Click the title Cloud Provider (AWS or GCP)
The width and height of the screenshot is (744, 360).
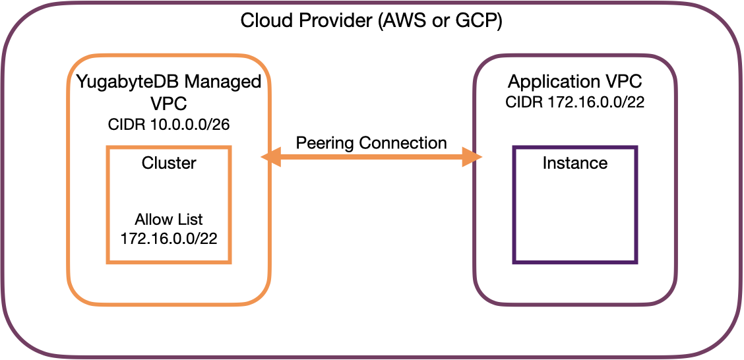tap(371, 20)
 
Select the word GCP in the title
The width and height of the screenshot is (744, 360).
tap(480, 20)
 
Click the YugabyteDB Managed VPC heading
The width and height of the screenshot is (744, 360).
tap(169, 94)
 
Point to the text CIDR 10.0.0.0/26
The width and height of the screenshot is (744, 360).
tap(169, 125)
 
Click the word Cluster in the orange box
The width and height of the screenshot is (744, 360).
tap(169, 163)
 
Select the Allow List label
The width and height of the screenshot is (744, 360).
tap(169, 219)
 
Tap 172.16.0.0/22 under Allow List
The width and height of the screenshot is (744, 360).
tap(169, 237)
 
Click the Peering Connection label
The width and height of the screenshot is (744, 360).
tap(371, 142)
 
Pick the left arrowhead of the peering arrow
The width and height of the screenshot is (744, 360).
tap(270, 157)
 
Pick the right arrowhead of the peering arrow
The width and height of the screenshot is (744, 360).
tap(472, 157)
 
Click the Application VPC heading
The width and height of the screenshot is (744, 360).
tap(575, 82)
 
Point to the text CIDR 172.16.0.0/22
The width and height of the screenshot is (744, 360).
tap(575, 103)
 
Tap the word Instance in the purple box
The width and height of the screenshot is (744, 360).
tap(575, 163)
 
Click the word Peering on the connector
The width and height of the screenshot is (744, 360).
tap(322, 142)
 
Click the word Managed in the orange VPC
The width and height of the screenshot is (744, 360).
tap(223, 82)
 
